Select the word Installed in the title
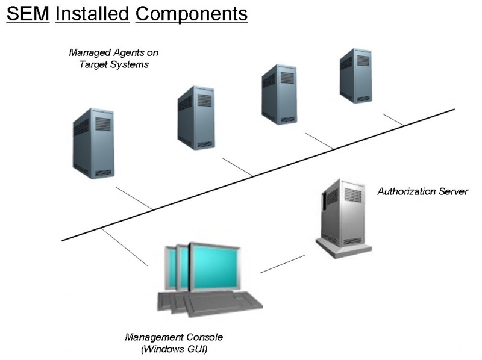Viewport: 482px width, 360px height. [x=92, y=13]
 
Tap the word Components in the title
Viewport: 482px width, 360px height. [x=192, y=13]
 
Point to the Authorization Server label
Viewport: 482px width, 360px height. [x=422, y=192]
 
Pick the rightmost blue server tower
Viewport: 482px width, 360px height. [x=355, y=75]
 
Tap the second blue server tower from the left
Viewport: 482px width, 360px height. [x=196, y=117]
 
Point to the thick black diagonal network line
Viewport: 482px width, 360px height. [x=259, y=175]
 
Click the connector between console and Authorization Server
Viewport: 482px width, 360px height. [x=283, y=264]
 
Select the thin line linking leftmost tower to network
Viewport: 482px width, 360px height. [x=134, y=199]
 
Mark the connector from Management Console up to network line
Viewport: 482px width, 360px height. [x=125, y=247]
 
